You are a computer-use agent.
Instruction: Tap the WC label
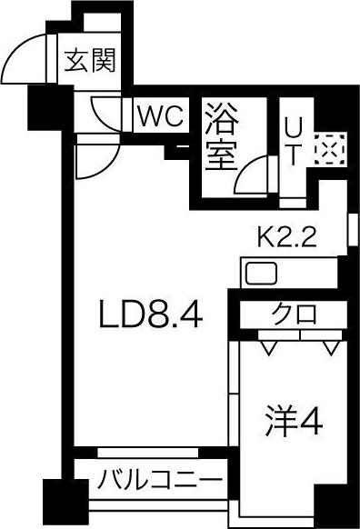point(161,116)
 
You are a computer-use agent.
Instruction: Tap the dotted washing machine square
point(325,150)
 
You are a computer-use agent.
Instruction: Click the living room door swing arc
point(94,161)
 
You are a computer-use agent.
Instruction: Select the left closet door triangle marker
point(268,346)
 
